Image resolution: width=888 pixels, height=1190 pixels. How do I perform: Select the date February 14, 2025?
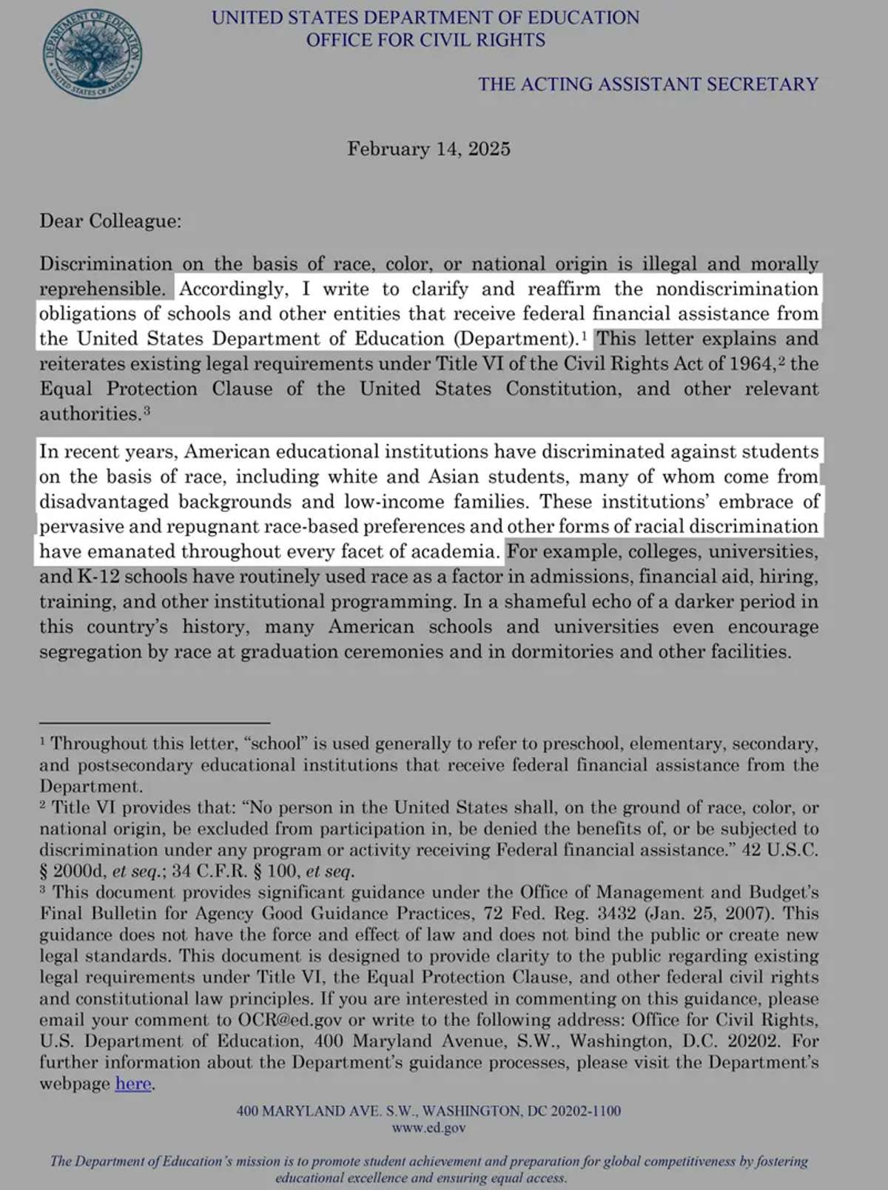click(428, 149)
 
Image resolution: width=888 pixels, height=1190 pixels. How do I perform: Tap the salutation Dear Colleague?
click(110, 221)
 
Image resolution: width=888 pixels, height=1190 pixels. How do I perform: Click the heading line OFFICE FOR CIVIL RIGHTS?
click(425, 40)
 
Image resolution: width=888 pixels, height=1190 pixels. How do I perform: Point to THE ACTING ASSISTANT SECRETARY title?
click(647, 84)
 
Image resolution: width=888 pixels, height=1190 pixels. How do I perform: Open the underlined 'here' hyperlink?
click(133, 1084)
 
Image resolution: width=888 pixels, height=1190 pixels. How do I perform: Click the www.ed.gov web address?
click(429, 1129)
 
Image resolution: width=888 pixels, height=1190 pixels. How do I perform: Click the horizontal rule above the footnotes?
click(155, 722)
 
